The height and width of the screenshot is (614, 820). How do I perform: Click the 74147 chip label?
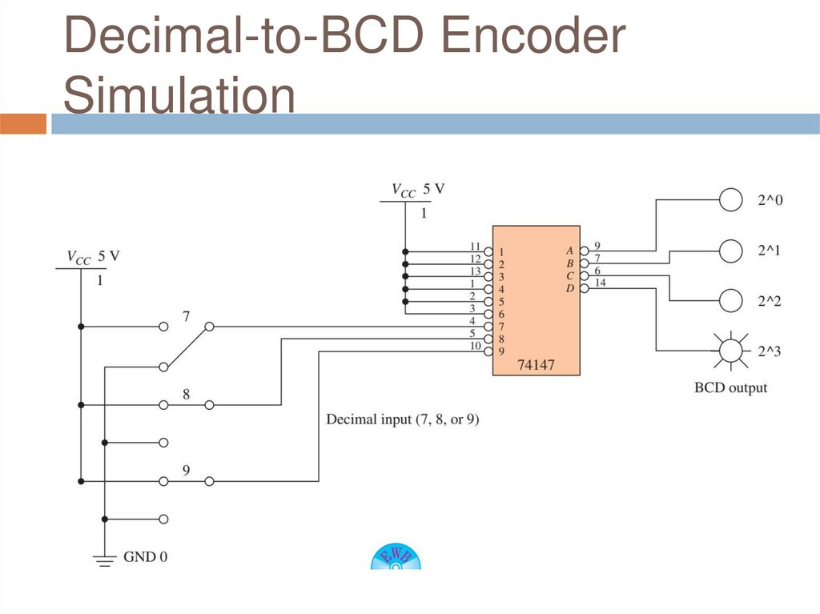click(536, 365)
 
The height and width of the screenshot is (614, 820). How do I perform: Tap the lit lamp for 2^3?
click(730, 350)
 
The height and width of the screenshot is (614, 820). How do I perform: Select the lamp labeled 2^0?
click(730, 199)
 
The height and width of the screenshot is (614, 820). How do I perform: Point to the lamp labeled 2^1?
click(730, 251)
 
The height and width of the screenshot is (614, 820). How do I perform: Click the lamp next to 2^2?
click(730, 300)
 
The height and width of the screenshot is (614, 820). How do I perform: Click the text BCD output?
click(730, 388)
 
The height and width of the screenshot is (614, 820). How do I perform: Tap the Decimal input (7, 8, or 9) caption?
click(403, 419)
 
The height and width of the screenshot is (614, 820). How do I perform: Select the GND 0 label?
click(146, 556)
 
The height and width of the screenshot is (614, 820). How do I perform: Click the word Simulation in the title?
click(179, 94)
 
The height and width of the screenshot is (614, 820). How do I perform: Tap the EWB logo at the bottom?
click(396, 557)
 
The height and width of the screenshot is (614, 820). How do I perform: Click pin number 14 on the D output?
click(601, 283)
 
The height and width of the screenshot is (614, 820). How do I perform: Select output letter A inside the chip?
click(569, 250)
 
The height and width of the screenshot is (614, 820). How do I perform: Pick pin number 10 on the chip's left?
click(475, 346)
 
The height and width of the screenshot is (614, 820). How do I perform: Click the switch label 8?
click(186, 394)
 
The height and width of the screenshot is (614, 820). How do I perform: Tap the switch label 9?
click(186, 470)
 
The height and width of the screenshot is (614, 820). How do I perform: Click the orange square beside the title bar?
click(23, 124)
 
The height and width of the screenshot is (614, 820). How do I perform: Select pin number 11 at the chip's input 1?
click(475, 246)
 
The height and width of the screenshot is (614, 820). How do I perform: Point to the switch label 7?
click(186, 317)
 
